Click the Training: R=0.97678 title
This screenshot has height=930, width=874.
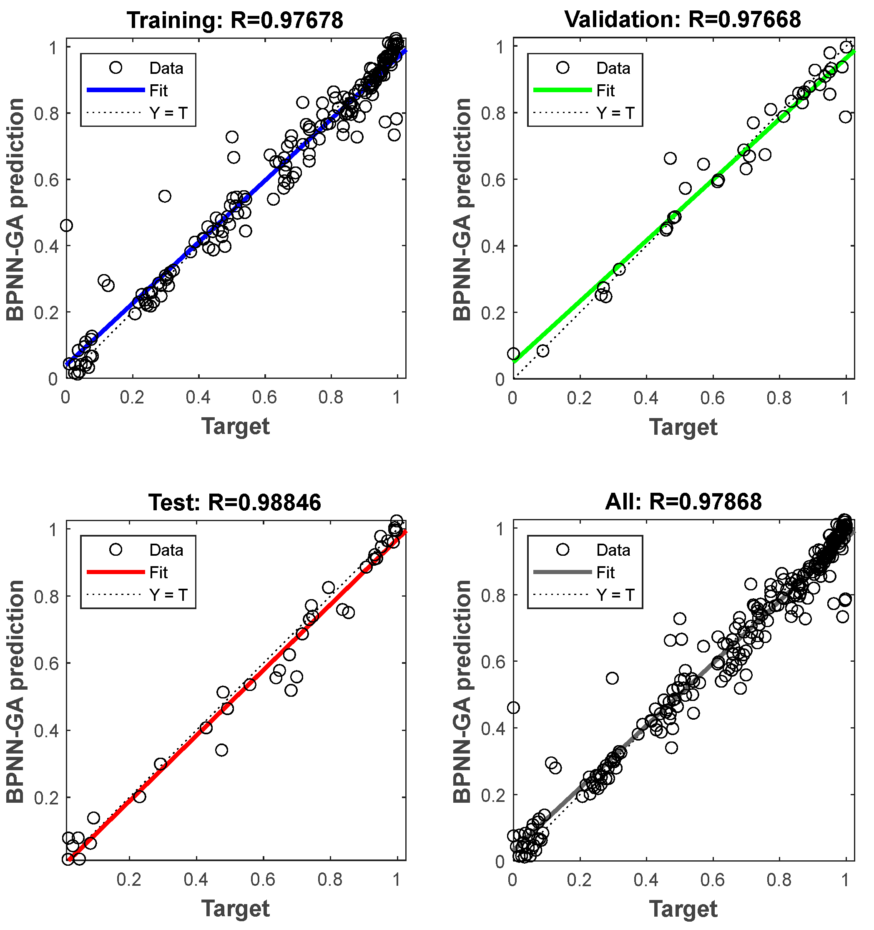point(235,20)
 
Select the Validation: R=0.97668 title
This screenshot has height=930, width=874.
point(682,20)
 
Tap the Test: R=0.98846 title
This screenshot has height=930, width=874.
point(235,502)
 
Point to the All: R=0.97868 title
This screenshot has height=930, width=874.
point(683,502)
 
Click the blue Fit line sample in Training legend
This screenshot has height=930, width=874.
point(116,90)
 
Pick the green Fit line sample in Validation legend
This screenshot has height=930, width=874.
point(563,90)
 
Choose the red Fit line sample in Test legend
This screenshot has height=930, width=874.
point(116,572)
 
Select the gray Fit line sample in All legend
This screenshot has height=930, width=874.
point(563,572)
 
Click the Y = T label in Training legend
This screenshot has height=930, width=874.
point(168,113)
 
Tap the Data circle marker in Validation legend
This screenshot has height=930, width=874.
point(563,68)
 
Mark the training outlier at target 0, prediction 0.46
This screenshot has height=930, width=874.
point(66,225)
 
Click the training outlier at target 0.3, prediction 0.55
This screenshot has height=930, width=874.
point(165,196)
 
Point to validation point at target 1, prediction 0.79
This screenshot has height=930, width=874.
point(844,117)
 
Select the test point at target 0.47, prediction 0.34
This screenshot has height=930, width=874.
point(222,750)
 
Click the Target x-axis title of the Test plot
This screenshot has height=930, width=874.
point(235,908)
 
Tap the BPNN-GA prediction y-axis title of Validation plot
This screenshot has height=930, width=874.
point(462,209)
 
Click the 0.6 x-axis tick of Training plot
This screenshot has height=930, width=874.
point(265,398)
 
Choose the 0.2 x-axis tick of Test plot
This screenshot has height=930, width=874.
point(129,880)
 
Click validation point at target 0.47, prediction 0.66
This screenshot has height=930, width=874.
point(670,158)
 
